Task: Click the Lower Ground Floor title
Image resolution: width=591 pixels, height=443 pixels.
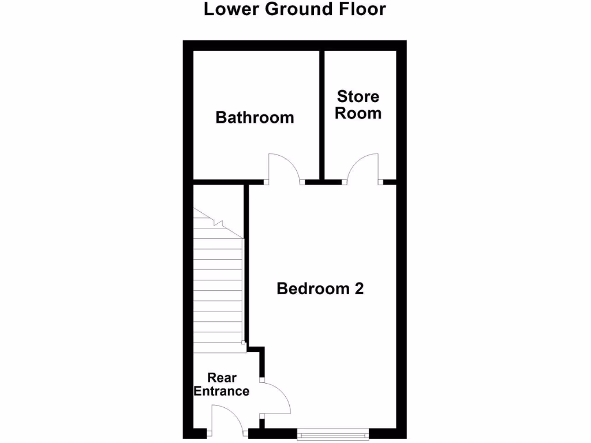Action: click(x=294, y=9)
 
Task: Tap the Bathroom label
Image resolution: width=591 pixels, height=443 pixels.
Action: click(x=255, y=118)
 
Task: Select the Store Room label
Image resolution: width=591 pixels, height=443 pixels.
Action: click(x=358, y=104)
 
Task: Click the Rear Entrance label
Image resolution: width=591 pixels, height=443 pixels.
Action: click(x=222, y=385)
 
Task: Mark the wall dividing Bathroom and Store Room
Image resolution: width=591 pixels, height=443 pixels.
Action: click(x=321, y=115)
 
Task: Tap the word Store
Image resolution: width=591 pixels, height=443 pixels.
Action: click(x=358, y=96)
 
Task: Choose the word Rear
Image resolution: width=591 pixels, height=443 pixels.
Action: click(x=222, y=378)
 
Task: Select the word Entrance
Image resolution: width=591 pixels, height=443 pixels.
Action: click(x=222, y=392)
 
